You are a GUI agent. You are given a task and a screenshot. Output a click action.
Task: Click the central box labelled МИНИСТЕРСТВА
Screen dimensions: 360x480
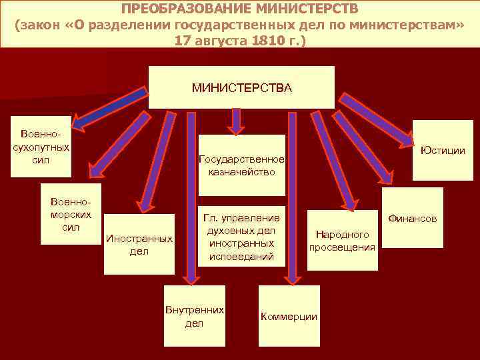coord(241,87)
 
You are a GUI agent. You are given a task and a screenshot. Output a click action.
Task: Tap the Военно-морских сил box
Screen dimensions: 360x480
coord(71,213)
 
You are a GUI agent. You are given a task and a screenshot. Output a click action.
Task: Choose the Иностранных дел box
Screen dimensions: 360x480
coord(139,244)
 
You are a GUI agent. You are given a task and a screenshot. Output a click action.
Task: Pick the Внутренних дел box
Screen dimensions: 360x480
coord(194,316)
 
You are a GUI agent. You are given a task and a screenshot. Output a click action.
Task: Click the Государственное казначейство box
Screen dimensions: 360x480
coord(241,165)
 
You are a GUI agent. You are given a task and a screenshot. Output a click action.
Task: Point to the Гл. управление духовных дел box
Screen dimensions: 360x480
coord(241,236)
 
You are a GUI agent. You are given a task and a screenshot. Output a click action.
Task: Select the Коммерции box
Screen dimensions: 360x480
coord(289,316)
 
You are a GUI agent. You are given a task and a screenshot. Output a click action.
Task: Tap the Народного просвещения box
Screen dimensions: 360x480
coord(343,240)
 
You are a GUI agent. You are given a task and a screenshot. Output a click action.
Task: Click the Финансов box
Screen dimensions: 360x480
coord(413,218)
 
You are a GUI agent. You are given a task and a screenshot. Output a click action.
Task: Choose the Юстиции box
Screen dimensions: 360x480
coord(442,150)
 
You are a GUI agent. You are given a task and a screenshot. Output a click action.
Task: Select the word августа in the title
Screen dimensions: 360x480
coord(215,40)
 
